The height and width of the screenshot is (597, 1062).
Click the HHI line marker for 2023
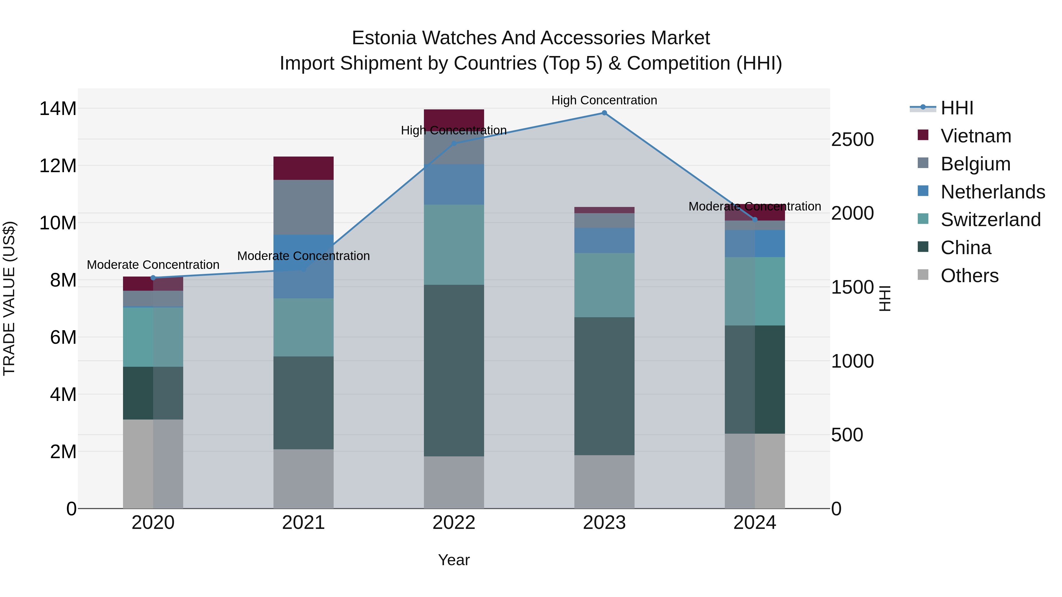click(604, 113)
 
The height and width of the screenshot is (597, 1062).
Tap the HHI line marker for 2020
click(153, 278)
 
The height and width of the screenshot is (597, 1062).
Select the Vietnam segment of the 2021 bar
click(304, 168)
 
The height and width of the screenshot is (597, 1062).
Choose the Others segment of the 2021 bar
click(304, 478)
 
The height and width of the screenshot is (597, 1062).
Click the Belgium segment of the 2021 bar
click(304, 207)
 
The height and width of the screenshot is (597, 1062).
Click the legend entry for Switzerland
click(990, 220)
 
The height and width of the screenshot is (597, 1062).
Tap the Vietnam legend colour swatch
click(923, 135)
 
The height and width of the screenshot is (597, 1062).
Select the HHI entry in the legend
click(956, 108)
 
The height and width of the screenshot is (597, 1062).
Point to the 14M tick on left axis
click(58, 109)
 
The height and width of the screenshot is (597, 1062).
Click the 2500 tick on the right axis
click(852, 140)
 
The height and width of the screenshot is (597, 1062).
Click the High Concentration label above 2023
click(604, 100)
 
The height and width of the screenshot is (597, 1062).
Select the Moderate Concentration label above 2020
click(153, 264)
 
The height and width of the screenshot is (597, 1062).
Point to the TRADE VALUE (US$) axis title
click(9, 298)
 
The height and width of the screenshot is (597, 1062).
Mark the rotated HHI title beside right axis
click(885, 298)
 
